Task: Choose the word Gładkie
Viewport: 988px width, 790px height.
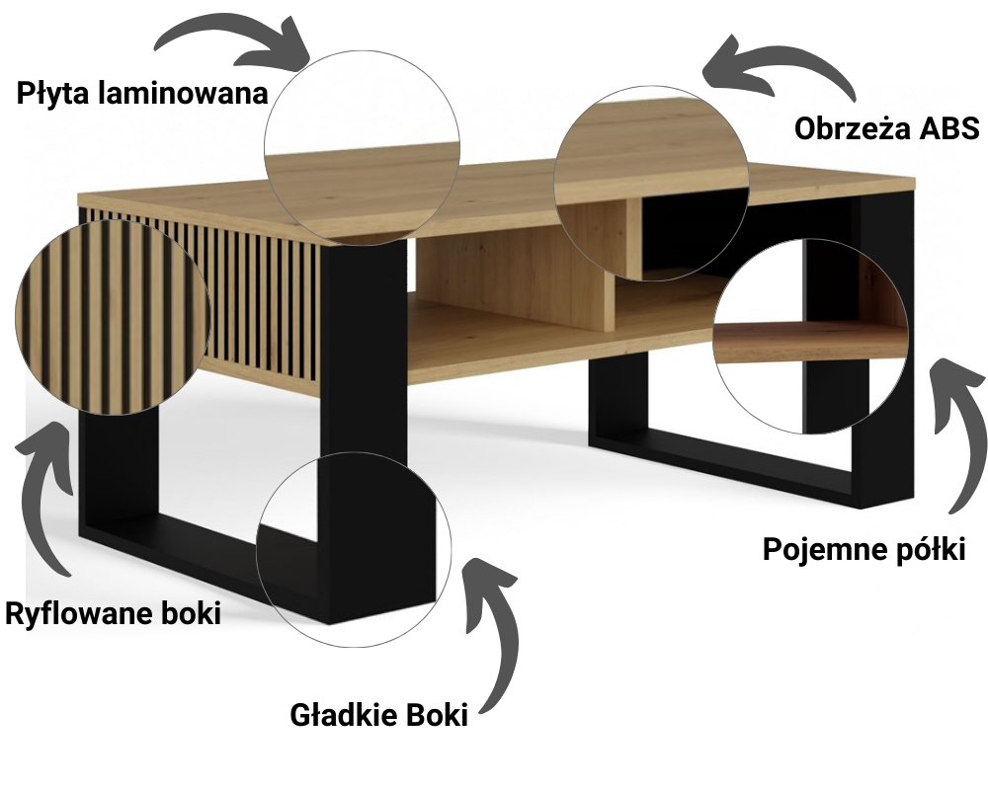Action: point(337,715)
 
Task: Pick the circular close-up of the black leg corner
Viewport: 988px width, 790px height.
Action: point(354,549)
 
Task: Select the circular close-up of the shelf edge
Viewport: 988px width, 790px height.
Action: point(811,336)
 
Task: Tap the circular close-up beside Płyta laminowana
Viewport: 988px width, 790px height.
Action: point(362,149)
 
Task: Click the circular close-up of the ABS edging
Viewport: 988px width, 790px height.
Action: point(651,184)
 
